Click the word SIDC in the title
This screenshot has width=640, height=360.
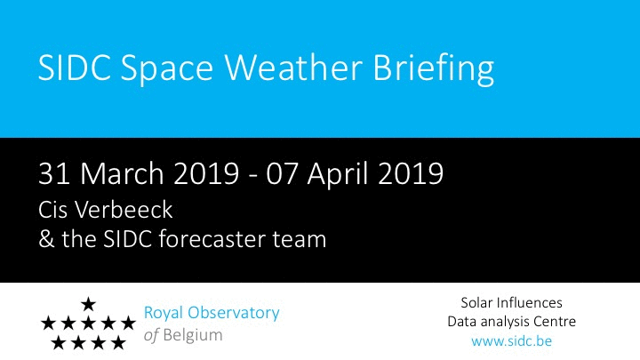[x=75, y=68]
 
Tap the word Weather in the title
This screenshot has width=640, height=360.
[x=293, y=67]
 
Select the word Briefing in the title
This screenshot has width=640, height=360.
[x=434, y=69]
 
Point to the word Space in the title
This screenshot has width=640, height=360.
[x=166, y=70]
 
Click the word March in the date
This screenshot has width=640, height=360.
[x=122, y=173]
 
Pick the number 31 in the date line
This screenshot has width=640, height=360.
[x=54, y=174]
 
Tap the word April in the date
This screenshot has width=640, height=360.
[x=339, y=175]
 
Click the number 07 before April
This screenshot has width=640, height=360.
[x=282, y=174]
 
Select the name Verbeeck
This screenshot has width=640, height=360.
[x=124, y=210]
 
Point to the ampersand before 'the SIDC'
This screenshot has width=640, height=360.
[x=46, y=239]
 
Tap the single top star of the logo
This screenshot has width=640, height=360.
[x=88, y=304]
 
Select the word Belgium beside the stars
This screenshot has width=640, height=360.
[x=193, y=336]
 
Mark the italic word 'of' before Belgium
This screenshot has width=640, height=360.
[x=151, y=335]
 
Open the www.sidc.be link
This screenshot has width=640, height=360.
[x=511, y=340]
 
